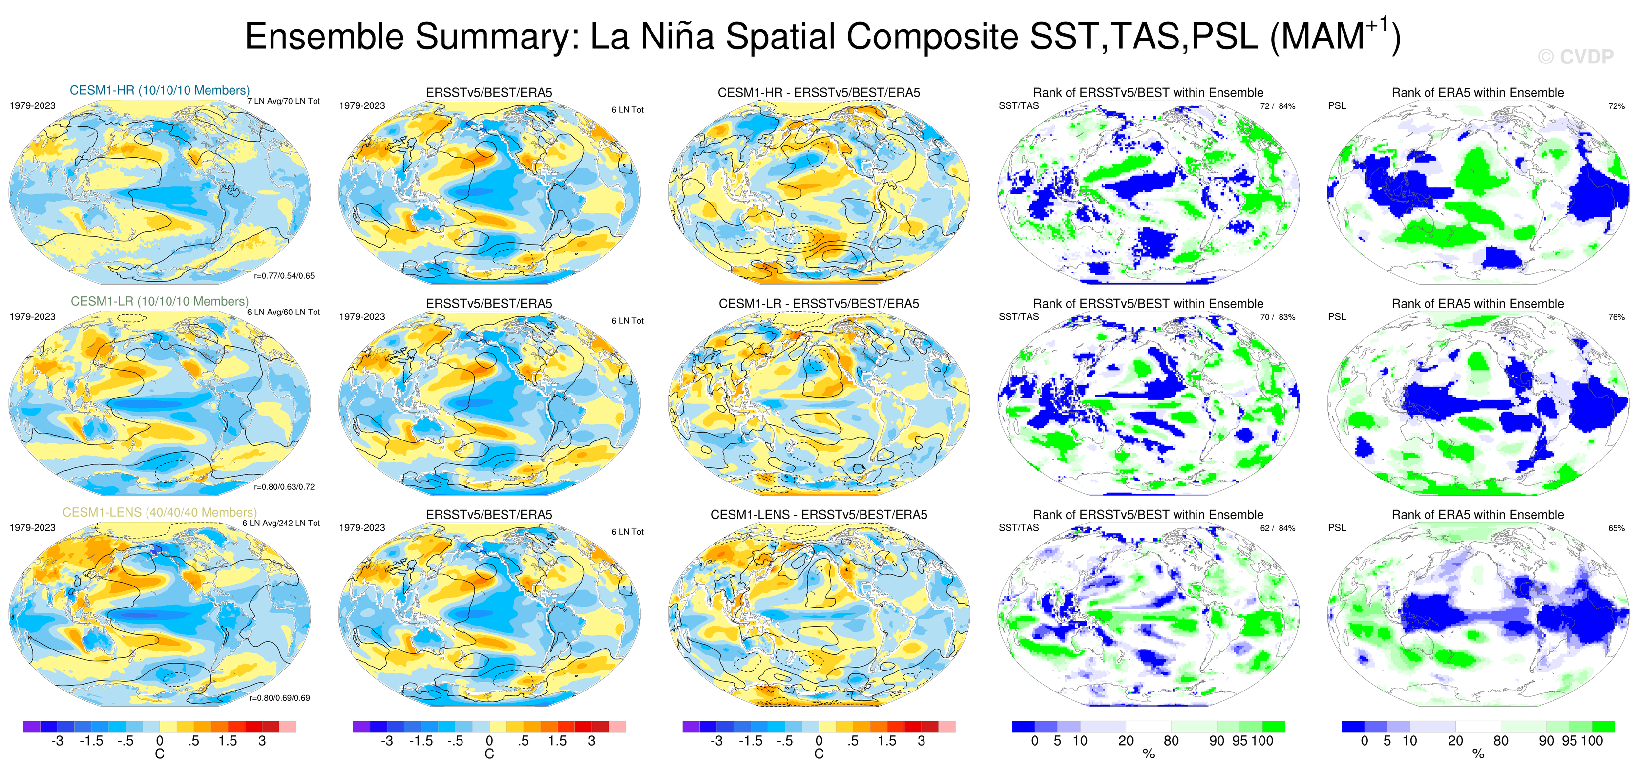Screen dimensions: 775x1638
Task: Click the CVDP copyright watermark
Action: [x=1575, y=57]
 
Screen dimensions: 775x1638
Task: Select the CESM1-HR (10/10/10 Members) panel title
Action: [x=160, y=90]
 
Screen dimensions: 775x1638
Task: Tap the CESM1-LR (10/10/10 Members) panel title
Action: [x=160, y=301]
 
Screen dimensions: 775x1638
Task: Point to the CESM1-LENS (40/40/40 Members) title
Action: [x=160, y=512]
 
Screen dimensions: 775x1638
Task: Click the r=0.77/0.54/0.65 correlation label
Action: [x=284, y=276]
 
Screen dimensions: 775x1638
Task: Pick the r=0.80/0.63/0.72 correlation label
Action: [x=284, y=487]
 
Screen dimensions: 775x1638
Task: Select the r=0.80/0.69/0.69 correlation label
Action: [x=280, y=698]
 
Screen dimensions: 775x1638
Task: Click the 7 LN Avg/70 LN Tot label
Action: [x=284, y=101]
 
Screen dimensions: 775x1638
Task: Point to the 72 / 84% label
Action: [x=1278, y=106]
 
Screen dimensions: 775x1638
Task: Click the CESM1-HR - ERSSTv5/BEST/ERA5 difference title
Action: [x=819, y=92]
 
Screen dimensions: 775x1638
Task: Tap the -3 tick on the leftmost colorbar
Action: [x=57, y=741]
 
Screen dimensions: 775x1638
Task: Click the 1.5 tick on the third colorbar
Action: [x=887, y=741]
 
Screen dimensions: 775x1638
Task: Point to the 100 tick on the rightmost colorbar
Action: [x=1592, y=741]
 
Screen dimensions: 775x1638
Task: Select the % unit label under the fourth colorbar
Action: [x=1148, y=754]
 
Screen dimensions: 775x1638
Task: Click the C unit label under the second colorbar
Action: [x=489, y=754]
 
